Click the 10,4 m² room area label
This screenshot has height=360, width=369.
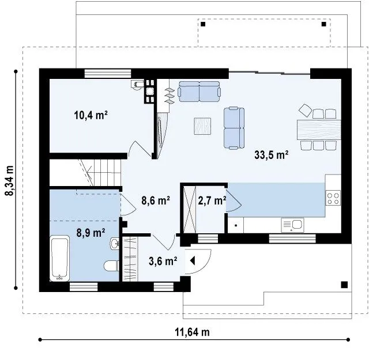click(x=91, y=115)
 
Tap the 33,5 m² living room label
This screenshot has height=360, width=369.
click(x=272, y=155)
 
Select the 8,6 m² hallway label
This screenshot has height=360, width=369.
click(x=156, y=200)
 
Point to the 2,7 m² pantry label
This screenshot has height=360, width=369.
click(x=212, y=200)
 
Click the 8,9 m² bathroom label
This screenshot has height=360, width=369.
click(x=91, y=233)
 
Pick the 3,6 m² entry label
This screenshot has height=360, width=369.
click(x=163, y=261)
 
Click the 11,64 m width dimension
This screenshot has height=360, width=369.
click(x=192, y=332)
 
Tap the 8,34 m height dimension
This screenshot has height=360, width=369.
click(x=10, y=180)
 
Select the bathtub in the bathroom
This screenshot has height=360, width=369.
click(x=60, y=258)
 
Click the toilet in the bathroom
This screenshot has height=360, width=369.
click(x=111, y=266)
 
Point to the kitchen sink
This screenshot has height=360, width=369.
click(x=292, y=225)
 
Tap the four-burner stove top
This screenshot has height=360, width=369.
click(x=333, y=198)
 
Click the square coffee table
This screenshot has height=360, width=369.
click(x=202, y=126)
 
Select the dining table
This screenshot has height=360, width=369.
click(x=319, y=130)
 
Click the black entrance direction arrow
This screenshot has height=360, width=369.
click(x=193, y=261)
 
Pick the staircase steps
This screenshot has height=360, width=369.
click(x=101, y=172)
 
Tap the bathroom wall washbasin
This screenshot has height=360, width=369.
click(x=115, y=244)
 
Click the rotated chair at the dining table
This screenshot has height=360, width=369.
click(x=305, y=110)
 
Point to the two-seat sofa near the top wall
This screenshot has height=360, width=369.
click(x=199, y=92)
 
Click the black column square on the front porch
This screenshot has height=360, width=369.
click(x=344, y=285)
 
